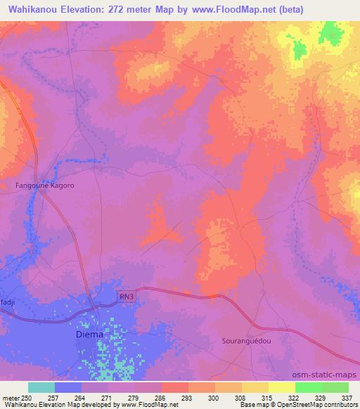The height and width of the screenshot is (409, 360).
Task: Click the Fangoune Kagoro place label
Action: coord(45,186)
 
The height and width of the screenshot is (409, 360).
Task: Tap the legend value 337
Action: coord(347,398)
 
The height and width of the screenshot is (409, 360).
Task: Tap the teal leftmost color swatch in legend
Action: coord(41,387)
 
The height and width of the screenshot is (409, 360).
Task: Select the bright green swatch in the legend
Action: coord(308,387)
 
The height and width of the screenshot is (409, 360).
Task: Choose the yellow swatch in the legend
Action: coord(281,387)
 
